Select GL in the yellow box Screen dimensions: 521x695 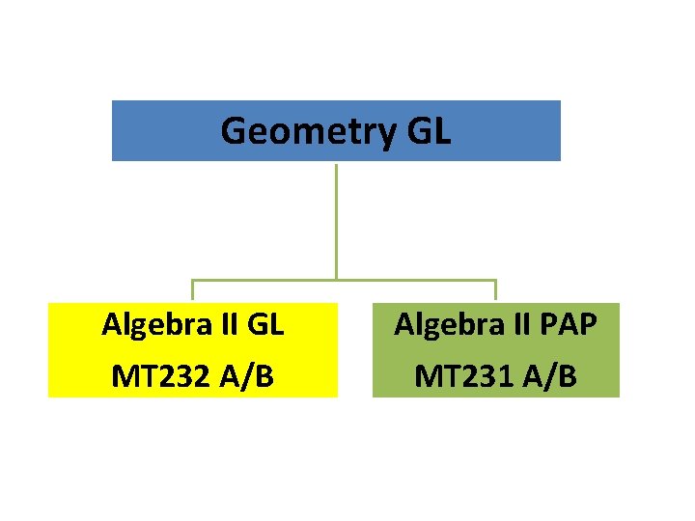pyautogui.click(x=264, y=325)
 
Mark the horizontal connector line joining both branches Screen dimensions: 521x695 pyautogui.click(x=405, y=281)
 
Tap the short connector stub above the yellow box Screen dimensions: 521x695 pyautogui.click(x=192, y=290)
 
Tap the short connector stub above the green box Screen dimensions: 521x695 pyautogui.click(x=495, y=290)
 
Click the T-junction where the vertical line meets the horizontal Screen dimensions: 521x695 pyautogui.click(x=336, y=281)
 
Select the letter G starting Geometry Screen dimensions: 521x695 pyautogui.click(x=234, y=130)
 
